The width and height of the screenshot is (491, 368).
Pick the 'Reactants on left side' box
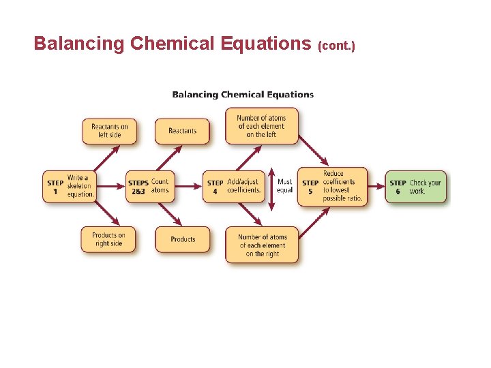(x=109, y=131)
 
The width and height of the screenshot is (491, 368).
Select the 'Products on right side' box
(x=109, y=239)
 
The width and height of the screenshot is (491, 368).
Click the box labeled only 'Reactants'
(x=182, y=131)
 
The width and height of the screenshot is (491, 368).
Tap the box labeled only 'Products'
(x=182, y=239)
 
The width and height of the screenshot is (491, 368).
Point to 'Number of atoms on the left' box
(x=262, y=126)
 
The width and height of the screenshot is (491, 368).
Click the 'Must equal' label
(x=285, y=186)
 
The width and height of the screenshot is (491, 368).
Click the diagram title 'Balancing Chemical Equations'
(x=243, y=95)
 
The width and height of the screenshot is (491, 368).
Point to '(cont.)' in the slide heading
(x=336, y=46)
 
